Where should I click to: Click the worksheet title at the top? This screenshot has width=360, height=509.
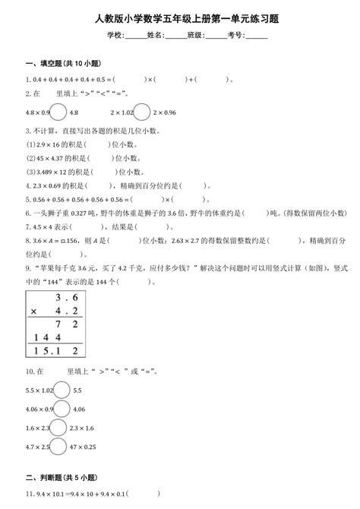[x=181, y=17]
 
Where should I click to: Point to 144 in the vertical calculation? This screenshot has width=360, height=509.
[x=45, y=335]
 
